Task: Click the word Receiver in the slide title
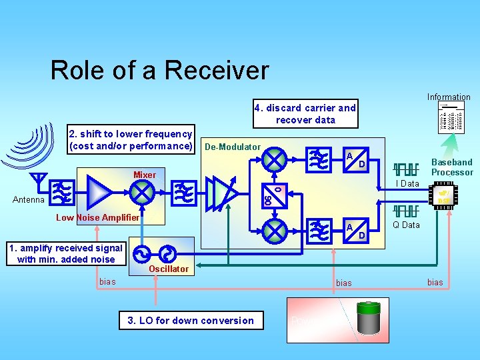coord(219,70)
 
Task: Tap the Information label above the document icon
coord(449,97)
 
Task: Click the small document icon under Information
coord(450,117)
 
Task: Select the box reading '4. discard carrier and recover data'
coord(305,114)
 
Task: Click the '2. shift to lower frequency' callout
coord(131,139)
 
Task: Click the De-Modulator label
coord(233,147)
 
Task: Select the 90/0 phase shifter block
coord(272,194)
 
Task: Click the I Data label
coord(406,183)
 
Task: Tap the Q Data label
coord(406,225)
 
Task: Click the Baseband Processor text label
coord(452,167)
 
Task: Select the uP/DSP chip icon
coord(445,195)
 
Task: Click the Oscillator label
coord(169,269)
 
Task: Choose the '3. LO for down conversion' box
coord(191,320)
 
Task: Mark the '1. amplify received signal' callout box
coord(65,254)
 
